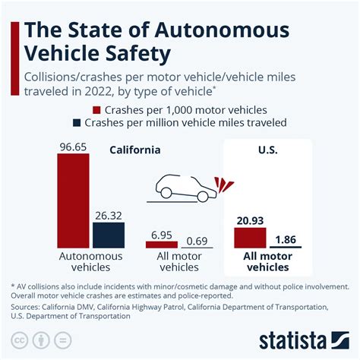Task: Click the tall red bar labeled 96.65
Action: click(x=74, y=201)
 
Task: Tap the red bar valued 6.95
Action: click(x=161, y=245)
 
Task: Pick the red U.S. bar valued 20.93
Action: click(x=250, y=238)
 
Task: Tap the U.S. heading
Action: click(x=267, y=150)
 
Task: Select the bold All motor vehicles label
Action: click(x=267, y=262)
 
